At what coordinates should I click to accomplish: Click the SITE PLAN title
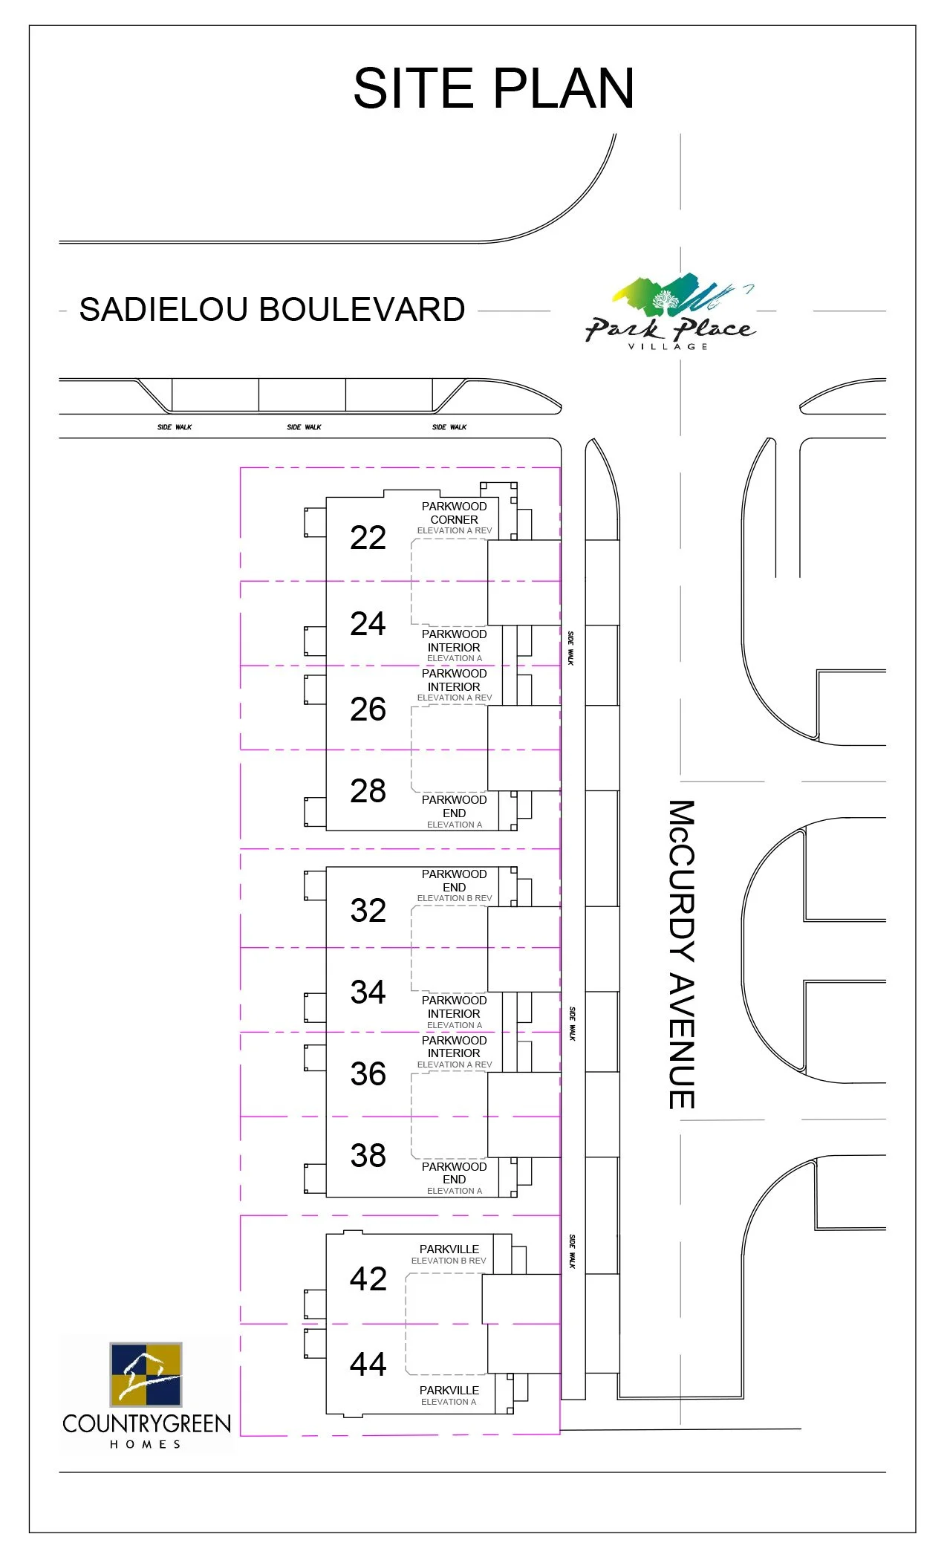pos(493,88)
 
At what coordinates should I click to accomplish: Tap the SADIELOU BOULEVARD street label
pos(272,310)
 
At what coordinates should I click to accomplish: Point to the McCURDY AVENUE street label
pos(681,955)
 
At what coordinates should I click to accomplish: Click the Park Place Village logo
pos(670,312)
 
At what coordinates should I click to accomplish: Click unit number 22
pos(368,538)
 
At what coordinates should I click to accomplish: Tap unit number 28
pos(368,791)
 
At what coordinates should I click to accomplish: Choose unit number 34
pos(368,992)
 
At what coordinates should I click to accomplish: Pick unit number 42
pos(368,1279)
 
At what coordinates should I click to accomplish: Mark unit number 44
pos(368,1365)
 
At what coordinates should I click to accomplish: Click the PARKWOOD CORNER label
pos(454,513)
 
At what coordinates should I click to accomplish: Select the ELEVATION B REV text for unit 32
pos(454,898)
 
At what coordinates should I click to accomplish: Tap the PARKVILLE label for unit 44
pos(449,1390)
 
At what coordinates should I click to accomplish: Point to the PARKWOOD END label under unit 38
pos(454,1173)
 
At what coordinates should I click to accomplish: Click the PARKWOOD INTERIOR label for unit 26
pos(454,680)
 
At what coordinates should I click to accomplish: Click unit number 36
pos(368,1074)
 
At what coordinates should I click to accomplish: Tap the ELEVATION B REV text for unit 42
pos(449,1261)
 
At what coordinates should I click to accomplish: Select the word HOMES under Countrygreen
pos(146,1444)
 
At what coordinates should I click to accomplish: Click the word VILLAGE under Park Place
pos(668,347)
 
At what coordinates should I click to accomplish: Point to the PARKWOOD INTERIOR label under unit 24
pos(454,640)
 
